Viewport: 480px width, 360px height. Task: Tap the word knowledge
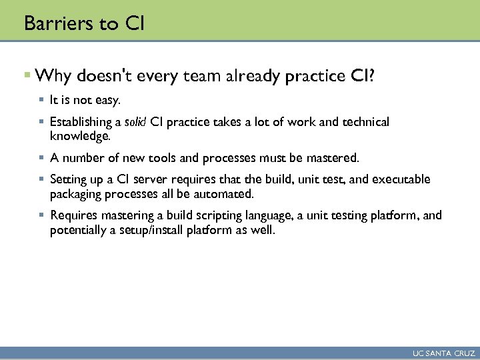tap(79, 136)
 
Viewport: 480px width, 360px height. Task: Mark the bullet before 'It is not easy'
tap(41, 100)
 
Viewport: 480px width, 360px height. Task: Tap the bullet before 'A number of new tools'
tap(41, 158)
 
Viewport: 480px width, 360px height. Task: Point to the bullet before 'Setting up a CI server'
tap(41, 179)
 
